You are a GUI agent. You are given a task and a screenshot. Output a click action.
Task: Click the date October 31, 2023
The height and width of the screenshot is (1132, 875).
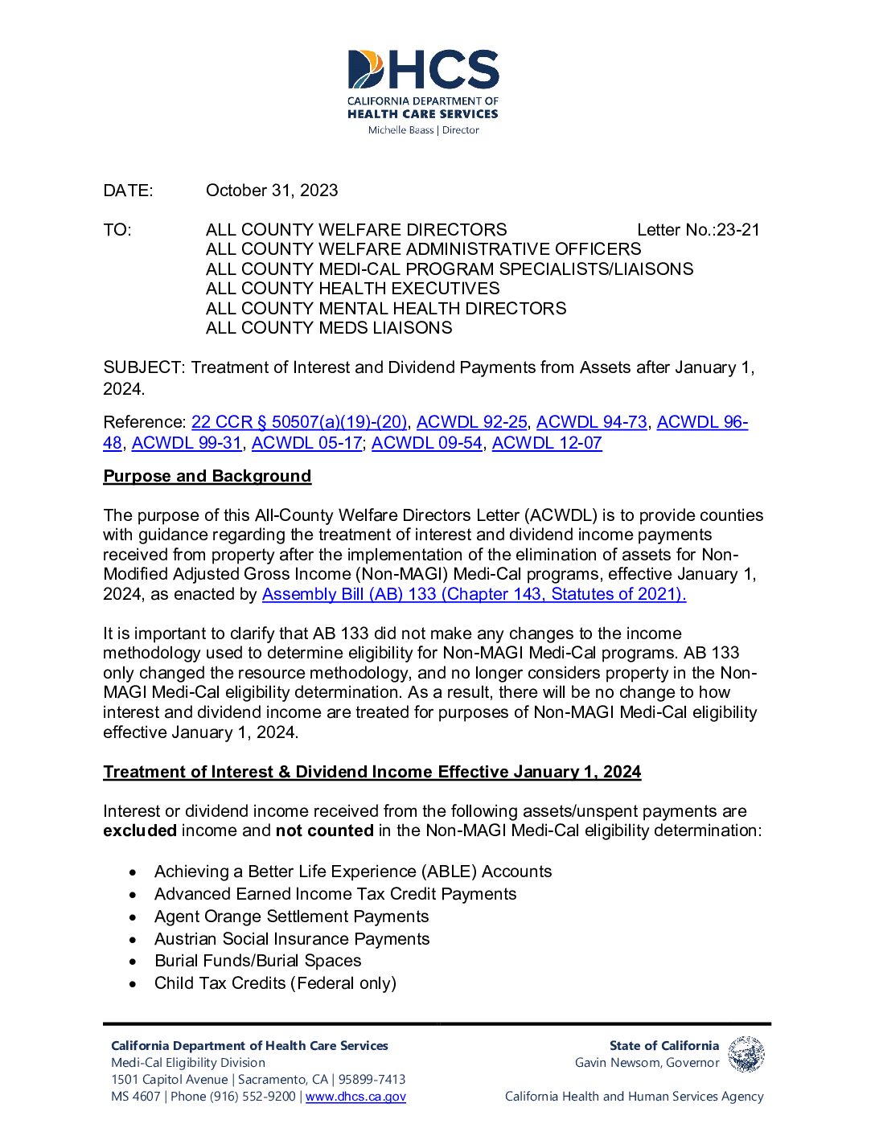coord(272,191)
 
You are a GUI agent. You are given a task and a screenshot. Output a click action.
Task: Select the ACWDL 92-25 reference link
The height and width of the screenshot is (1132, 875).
coord(471,422)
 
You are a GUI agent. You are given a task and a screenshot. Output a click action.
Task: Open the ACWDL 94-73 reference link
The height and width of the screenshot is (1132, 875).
coord(591,422)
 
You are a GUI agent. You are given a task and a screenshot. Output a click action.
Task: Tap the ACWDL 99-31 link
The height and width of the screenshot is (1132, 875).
coord(187,443)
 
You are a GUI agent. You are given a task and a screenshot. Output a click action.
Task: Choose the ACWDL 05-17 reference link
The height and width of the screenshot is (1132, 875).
coord(306,443)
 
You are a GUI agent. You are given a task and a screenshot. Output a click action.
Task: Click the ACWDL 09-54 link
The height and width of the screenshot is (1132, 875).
coord(426,443)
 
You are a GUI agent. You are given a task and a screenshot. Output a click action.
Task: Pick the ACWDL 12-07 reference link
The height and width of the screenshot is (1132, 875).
coord(547,443)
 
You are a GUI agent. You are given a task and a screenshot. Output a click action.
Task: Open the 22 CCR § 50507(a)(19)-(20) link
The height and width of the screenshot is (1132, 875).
coord(299,422)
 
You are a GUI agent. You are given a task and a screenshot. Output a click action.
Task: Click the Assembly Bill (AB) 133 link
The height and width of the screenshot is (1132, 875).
coord(474,594)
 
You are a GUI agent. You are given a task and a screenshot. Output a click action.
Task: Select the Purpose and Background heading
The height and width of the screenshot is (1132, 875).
coord(207,476)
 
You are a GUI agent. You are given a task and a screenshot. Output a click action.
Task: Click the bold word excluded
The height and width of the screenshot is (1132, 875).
coord(140,831)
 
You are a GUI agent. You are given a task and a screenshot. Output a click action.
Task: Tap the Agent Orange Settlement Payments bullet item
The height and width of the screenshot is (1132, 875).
coord(291,917)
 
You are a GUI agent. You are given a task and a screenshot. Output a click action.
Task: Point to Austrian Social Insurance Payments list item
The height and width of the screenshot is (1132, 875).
coord(291,939)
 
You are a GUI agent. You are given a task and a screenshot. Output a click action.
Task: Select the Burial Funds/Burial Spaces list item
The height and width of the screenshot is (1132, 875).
coord(257,961)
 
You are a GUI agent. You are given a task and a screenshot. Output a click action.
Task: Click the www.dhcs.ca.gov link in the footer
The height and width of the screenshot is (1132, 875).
coord(355,1097)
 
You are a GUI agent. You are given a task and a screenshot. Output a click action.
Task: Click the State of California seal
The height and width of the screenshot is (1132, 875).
coord(746,1054)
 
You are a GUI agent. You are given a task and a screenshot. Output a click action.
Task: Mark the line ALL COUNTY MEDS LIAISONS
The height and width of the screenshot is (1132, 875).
coord(329,328)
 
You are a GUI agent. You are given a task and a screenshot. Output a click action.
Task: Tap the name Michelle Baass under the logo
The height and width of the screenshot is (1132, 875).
coord(401,130)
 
